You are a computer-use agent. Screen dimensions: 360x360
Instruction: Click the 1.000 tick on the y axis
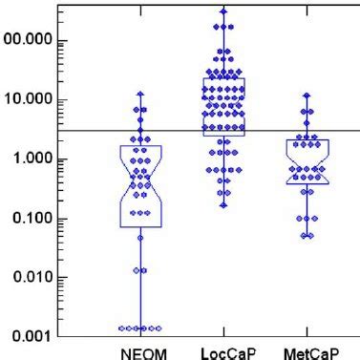[x=29, y=159]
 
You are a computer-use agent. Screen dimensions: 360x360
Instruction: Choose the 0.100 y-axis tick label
[x=29, y=219]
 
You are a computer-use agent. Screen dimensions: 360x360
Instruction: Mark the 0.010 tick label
[x=29, y=278]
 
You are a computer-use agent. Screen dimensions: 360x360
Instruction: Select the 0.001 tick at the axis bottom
[x=29, y=336]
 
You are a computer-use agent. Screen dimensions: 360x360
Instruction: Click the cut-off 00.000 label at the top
[x=25, y=42]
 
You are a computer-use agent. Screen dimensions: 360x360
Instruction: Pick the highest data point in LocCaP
[x=223, y=11]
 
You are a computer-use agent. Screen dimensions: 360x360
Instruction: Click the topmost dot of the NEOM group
[x=140, y=95]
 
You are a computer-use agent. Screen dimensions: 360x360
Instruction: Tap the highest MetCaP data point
[x=307, y=95]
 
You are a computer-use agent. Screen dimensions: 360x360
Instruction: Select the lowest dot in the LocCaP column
[x=223, y=203]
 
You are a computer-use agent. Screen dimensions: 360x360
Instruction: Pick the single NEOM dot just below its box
[x=140, y=237]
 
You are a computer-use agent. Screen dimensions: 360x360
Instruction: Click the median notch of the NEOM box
[x=140, y=185]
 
